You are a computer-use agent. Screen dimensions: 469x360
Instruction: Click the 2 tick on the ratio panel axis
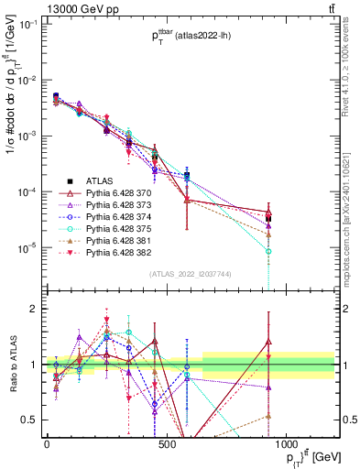(x=35, y=309)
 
